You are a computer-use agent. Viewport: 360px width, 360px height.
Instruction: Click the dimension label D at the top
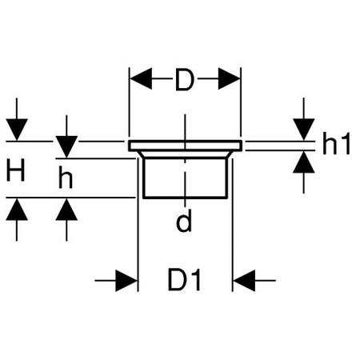(x=184, y=79)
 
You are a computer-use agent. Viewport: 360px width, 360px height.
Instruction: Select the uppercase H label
(x=16, y=170)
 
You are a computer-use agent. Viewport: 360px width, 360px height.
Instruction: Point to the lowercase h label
(x=66, y=178)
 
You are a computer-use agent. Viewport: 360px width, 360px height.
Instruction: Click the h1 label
(x=336, y=143)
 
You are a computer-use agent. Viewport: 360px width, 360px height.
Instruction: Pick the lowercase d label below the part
(x=184, y=220)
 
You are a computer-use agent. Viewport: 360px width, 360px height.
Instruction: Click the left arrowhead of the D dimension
(x=141, y=78)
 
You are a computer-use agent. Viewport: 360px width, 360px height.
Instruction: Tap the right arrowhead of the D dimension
(x=230, y=78)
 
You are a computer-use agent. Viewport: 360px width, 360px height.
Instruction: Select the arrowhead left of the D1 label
(x=126, y=281)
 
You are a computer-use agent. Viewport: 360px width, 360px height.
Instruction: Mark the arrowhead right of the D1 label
(x=244, y=281)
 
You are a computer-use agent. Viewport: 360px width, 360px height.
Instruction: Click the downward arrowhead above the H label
(x=17, y=130)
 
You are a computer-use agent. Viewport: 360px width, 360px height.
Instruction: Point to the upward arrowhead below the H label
(x=17, y=210)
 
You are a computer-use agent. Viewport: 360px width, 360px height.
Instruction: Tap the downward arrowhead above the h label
(x=66, y=146)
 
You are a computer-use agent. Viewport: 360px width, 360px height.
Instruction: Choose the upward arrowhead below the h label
(x=66, y=210)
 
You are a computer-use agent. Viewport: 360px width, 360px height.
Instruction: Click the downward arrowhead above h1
(x=304, y=130)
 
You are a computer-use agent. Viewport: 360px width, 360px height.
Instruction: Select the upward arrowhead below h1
(x=304, y=162)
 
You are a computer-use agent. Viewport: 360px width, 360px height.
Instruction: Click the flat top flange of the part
(x=185, y=146)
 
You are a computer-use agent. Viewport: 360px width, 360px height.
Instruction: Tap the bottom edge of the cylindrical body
(x=185, y=198)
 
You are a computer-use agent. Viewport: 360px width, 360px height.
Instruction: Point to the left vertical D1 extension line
(x=138, y=225)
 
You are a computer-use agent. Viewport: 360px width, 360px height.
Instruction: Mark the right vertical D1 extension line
(x=232, y=225)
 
